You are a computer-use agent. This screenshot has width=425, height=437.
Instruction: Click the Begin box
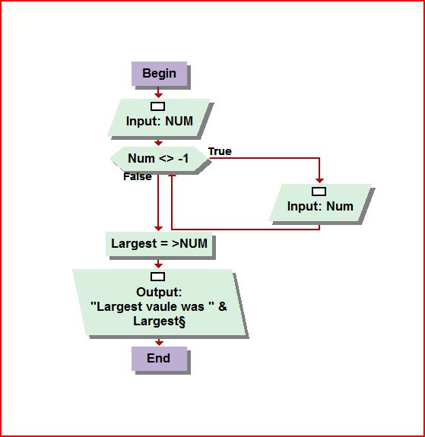point(159,74)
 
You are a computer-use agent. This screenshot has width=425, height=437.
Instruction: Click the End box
point(159,359)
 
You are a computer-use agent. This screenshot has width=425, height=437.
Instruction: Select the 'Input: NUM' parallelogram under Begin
point(159,117)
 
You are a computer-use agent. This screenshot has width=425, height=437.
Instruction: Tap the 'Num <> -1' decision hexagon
point(159,159)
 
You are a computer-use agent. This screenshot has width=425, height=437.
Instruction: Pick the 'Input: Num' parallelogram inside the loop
point(320,203)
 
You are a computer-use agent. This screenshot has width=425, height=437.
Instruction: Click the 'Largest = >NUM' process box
point(159,244)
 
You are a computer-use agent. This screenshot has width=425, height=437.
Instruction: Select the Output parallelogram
point(159,302)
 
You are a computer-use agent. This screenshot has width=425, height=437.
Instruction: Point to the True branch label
point(220,151)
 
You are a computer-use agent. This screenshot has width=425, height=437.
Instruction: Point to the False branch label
point(138,176)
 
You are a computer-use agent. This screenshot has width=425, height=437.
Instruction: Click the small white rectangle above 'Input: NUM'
point(158,106)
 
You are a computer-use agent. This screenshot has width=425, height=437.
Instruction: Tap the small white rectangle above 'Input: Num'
point(319,192)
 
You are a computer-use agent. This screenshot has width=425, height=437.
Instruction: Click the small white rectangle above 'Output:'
point(158,277)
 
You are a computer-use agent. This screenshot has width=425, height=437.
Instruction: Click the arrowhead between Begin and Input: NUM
point(158,95)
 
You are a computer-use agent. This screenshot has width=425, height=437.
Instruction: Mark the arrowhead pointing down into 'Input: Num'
point(319,180)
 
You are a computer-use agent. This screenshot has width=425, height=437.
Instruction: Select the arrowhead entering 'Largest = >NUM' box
point(158,228)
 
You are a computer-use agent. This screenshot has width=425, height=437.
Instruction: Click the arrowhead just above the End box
point(159,343)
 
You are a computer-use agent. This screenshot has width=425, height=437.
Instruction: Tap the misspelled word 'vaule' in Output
point(162,306)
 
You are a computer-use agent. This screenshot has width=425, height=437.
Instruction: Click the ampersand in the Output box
point(223,306)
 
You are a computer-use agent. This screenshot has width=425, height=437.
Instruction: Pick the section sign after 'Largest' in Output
point(182,321)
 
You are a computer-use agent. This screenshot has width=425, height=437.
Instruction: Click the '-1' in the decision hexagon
point(183,159)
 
